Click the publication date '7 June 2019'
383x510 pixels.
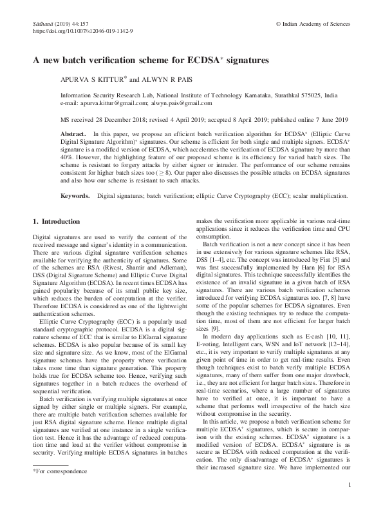[328, 119]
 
